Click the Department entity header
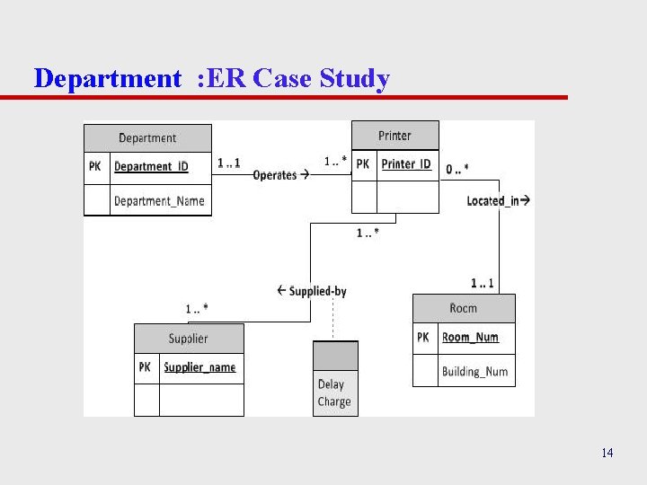[147, 137]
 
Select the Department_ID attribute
[151, 167]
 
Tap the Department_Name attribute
[159, 200]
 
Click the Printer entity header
[394, 136]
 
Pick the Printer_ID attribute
[406, 164]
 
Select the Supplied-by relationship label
[312, 291]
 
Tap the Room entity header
[464, 308]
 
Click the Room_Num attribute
[470, 338]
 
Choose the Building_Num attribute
[474, 371]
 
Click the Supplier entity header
[188, 339]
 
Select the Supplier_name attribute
[199, 367]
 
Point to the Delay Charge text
[334, 393]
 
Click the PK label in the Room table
[423, 338]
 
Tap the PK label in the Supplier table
[145, 367]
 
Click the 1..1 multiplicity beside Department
[229, 163]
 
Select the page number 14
[607, 453]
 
